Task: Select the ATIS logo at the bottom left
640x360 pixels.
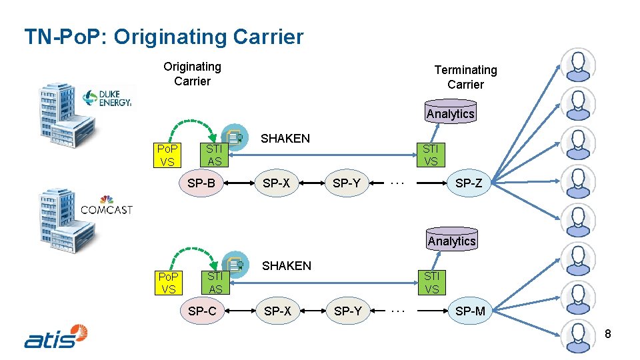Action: (56, 337)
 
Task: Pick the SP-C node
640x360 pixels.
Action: (202, 311)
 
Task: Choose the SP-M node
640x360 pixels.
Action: (470, 311)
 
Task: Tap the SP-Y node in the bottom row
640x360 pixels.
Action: (347, 311)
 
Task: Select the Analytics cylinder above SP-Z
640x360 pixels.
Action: (451, 112)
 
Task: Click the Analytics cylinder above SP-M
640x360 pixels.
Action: (452, 239)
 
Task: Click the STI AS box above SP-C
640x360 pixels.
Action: (215, 282)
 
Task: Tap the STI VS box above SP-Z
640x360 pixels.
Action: (431, 155)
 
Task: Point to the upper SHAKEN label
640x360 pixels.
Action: (285, 139)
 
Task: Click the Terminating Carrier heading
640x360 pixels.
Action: (465, 77)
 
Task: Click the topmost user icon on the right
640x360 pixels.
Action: (577, 64)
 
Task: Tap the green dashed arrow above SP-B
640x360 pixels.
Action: (193, 125)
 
